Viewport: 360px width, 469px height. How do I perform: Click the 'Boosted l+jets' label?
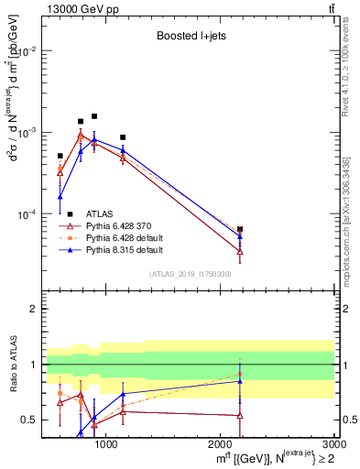click(x=190, y=37)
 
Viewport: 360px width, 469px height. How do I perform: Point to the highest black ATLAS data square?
click(x=94, y=116)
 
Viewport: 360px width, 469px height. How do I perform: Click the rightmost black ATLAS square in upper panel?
click(x=240, y=229)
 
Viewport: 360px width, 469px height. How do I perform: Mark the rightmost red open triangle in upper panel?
click(x=240, y=251)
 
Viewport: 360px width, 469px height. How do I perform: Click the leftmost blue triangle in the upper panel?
click(x=60, y=196)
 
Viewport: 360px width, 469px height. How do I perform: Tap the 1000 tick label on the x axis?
click(x=106, y=444)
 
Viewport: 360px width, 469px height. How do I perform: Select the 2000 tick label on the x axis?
click(x=221, y=444)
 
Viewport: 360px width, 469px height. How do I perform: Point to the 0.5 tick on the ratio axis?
click(x=30, y=420)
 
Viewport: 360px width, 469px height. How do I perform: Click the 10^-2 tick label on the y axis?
click(x=27, y=51)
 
